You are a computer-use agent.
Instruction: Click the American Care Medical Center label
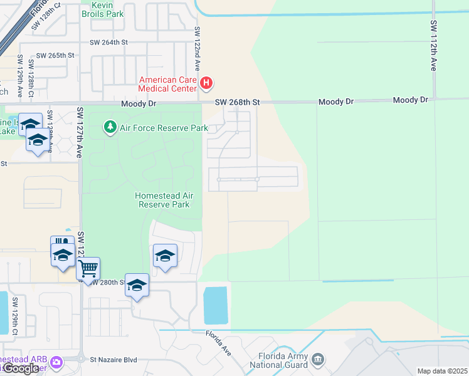[x=167, y=84]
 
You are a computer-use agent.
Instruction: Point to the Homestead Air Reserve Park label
[x=164, y=200]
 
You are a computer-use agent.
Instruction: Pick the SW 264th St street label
[x=108, y=43]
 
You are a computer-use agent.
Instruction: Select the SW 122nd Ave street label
[x=197, y=48]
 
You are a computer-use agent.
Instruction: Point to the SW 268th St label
[x=237, y=102]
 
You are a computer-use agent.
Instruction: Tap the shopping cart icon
[x=88, y=268]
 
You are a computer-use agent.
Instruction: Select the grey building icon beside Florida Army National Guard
[x=318, y=359]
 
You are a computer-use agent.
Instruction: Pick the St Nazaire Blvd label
[x=113, y=360]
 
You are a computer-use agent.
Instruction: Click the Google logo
[x=20, y=368]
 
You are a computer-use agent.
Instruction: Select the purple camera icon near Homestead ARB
[x=57, y=362]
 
